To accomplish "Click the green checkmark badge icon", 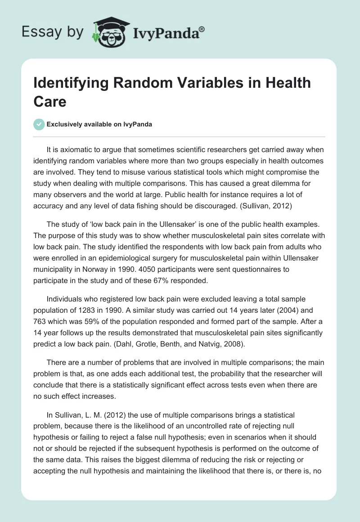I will [39, 124].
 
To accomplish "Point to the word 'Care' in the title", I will [50, 101].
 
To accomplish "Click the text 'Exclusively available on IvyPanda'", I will [99, 124].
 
